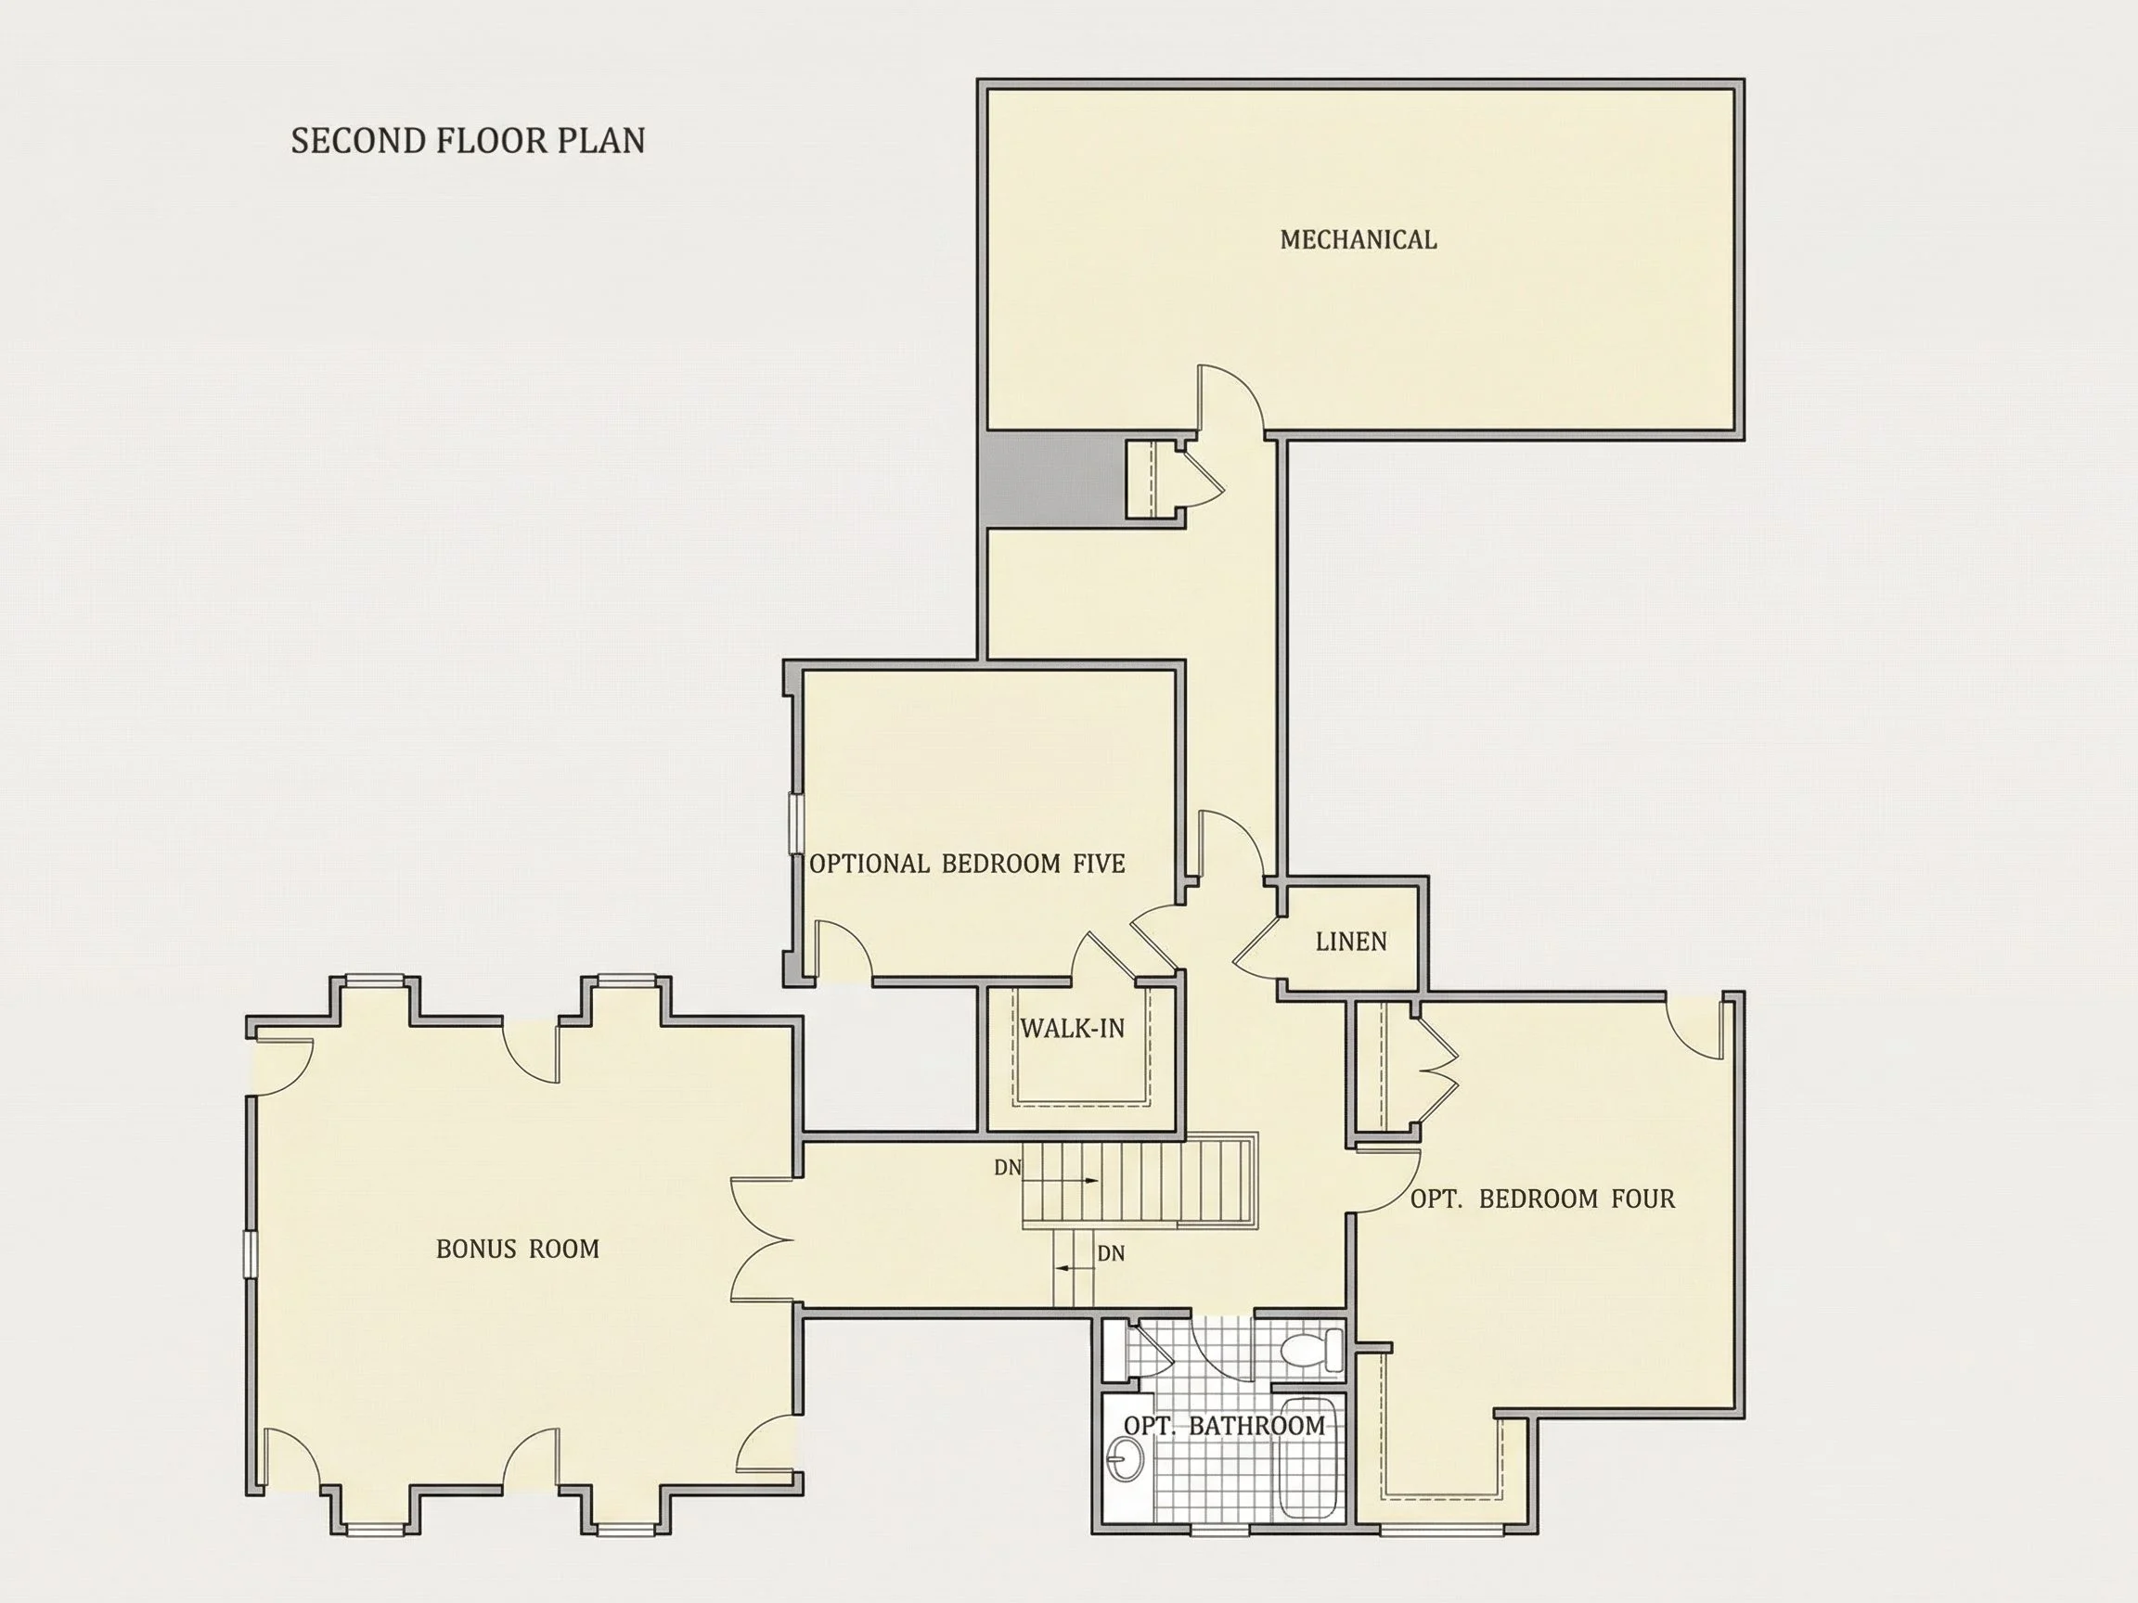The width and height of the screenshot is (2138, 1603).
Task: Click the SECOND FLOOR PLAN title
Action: point(468,141)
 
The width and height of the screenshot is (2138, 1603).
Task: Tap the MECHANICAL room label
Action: point(1358,239)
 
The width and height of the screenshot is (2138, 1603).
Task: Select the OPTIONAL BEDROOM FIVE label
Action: point(967,863)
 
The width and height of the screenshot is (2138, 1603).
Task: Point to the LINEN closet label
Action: point(1351,942)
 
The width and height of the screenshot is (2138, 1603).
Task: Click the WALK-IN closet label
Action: point(1073,1028)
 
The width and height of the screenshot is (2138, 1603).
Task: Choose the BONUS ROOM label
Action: point(518,1249)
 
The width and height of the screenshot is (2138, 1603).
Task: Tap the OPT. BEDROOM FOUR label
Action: point(1542,1199)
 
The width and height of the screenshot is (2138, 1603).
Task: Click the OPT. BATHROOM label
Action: point(1225,1425)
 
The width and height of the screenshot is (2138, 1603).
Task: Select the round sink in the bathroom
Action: point(1124,1457)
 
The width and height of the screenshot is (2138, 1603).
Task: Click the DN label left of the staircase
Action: point(1007,1167)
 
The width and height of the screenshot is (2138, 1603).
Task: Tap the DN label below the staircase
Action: point(1111,1253)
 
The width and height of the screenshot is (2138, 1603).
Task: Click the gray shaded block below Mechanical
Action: point(1056,480)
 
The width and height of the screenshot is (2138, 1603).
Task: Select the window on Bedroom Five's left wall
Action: point(796,823)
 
